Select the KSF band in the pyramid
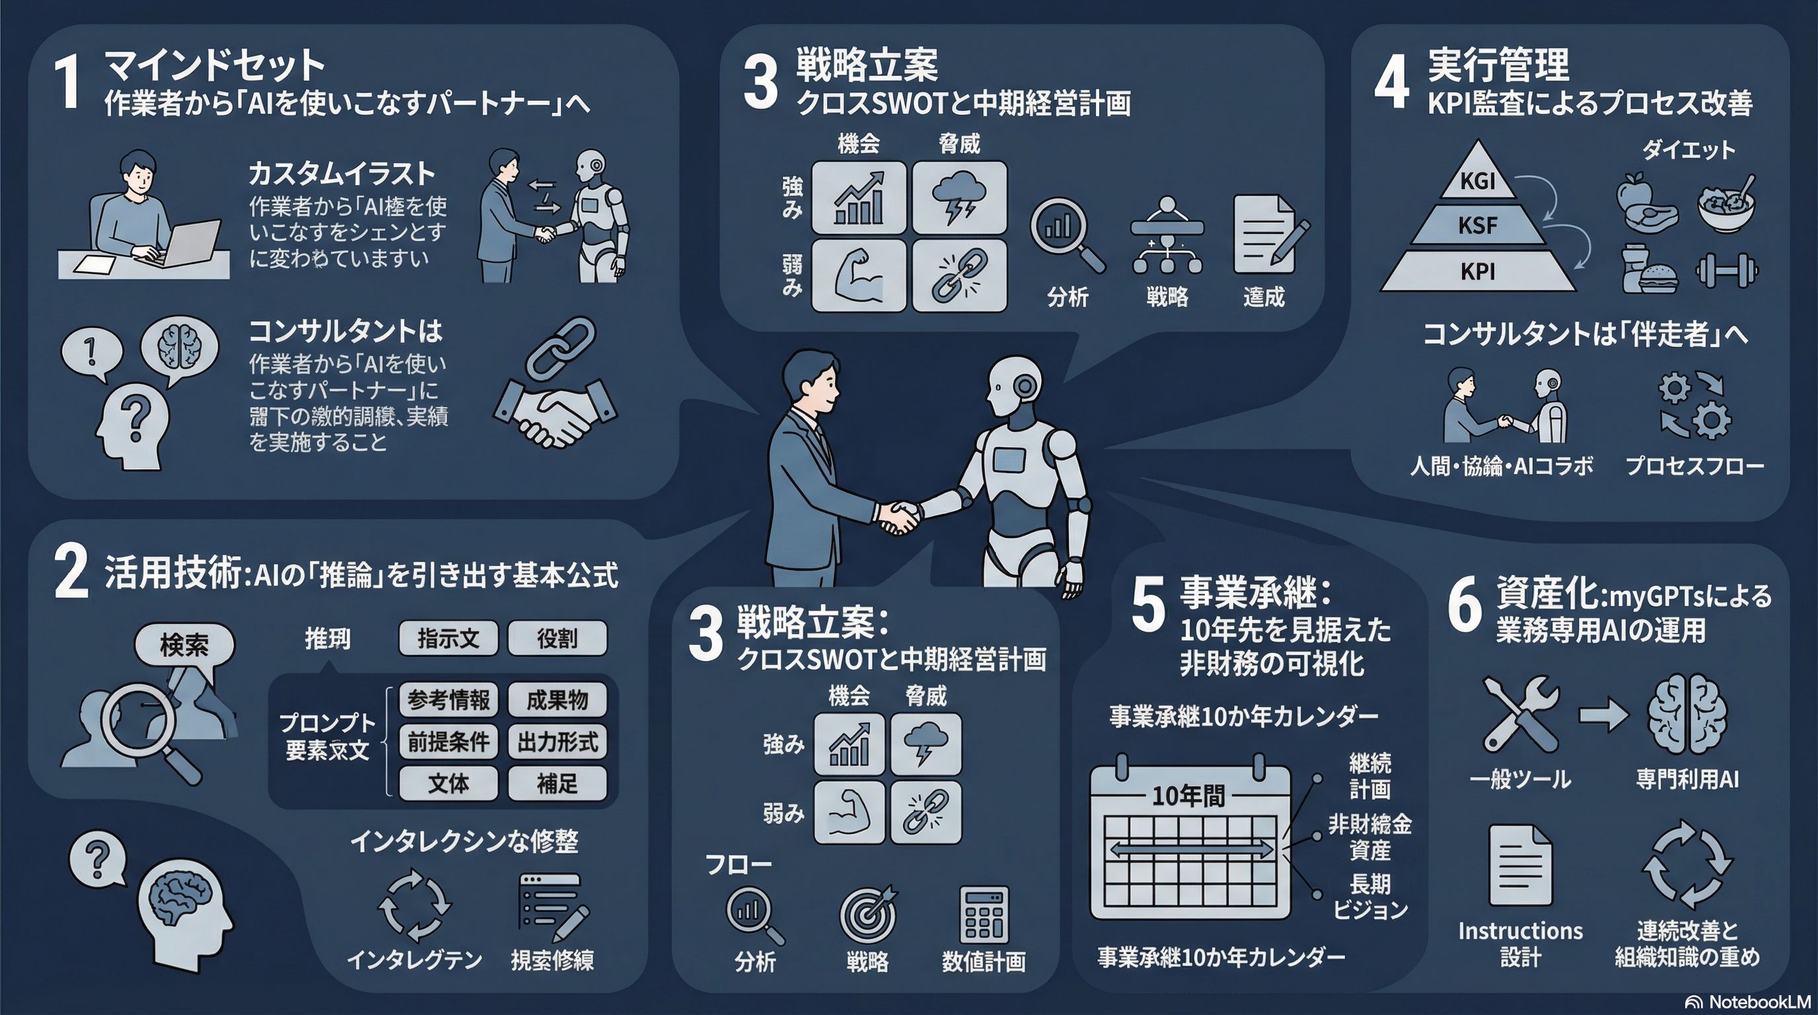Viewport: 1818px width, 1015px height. coord(1477,226)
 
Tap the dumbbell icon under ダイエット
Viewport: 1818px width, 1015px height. coord(1727,271)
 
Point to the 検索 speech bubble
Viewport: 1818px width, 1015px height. coord(184,644)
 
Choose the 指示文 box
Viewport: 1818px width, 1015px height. coord(448,639)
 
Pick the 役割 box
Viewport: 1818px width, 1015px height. coord(557,639)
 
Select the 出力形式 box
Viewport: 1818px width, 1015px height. coord(557,742)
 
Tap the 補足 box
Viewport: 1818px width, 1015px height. coord(557,784)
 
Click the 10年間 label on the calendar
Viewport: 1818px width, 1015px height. coord(1188,796)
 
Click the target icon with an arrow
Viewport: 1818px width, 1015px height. coord(868,913)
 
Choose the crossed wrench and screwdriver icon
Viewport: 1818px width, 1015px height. coord(1520,714)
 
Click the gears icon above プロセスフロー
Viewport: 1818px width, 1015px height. coord(1693,406)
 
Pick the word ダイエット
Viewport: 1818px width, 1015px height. coord(1688,149)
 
